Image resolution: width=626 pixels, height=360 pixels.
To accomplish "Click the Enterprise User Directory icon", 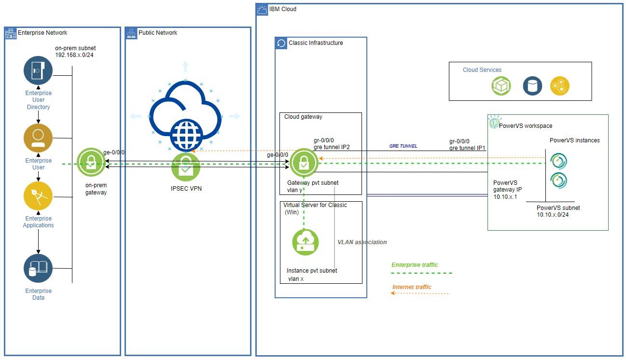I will point(38,70).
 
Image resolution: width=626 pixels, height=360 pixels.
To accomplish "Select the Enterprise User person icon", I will point(38,138).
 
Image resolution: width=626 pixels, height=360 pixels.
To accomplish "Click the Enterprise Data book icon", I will point(38,268).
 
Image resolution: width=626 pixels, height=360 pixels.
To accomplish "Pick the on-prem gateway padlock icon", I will point(91,164).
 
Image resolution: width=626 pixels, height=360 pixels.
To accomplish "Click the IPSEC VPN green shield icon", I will point(186,167).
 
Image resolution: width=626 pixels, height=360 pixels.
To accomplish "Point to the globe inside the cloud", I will point(186,135).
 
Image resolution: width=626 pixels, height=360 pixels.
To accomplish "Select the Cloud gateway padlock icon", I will point(304,163).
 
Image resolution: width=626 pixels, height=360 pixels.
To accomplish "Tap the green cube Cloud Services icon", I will point(501,86).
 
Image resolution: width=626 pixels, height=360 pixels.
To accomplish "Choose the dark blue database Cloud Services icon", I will point(532,86).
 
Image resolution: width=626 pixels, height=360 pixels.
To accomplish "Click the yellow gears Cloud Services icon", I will point(560,86).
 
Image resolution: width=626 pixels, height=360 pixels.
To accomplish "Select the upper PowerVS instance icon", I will point(559,161).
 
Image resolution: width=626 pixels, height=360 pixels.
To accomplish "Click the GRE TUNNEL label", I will point(403,146).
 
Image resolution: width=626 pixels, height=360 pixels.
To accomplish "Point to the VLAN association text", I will point(362,242).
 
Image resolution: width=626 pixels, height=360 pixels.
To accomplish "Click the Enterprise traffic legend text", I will point(415,265).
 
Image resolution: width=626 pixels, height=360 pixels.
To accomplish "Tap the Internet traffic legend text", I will point(412,287).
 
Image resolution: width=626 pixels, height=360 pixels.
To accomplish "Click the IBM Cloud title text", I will point(282,9).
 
